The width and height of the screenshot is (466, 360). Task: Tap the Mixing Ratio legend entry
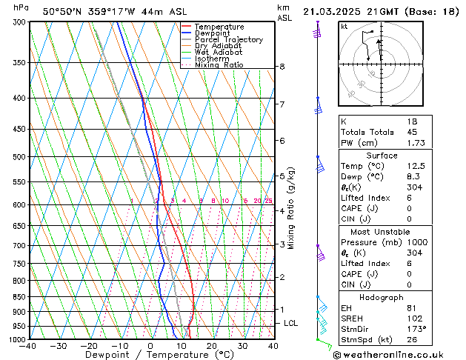[219, 65]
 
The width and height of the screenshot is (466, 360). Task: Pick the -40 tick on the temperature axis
[28, 346]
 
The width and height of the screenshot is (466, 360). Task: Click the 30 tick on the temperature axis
[242, 346]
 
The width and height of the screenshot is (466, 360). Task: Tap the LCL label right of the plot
[291, 324]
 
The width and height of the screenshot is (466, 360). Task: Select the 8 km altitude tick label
[282, 67]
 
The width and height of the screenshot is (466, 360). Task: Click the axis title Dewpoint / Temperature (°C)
[150, 356]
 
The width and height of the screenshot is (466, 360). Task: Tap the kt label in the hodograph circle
[344, 27]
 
